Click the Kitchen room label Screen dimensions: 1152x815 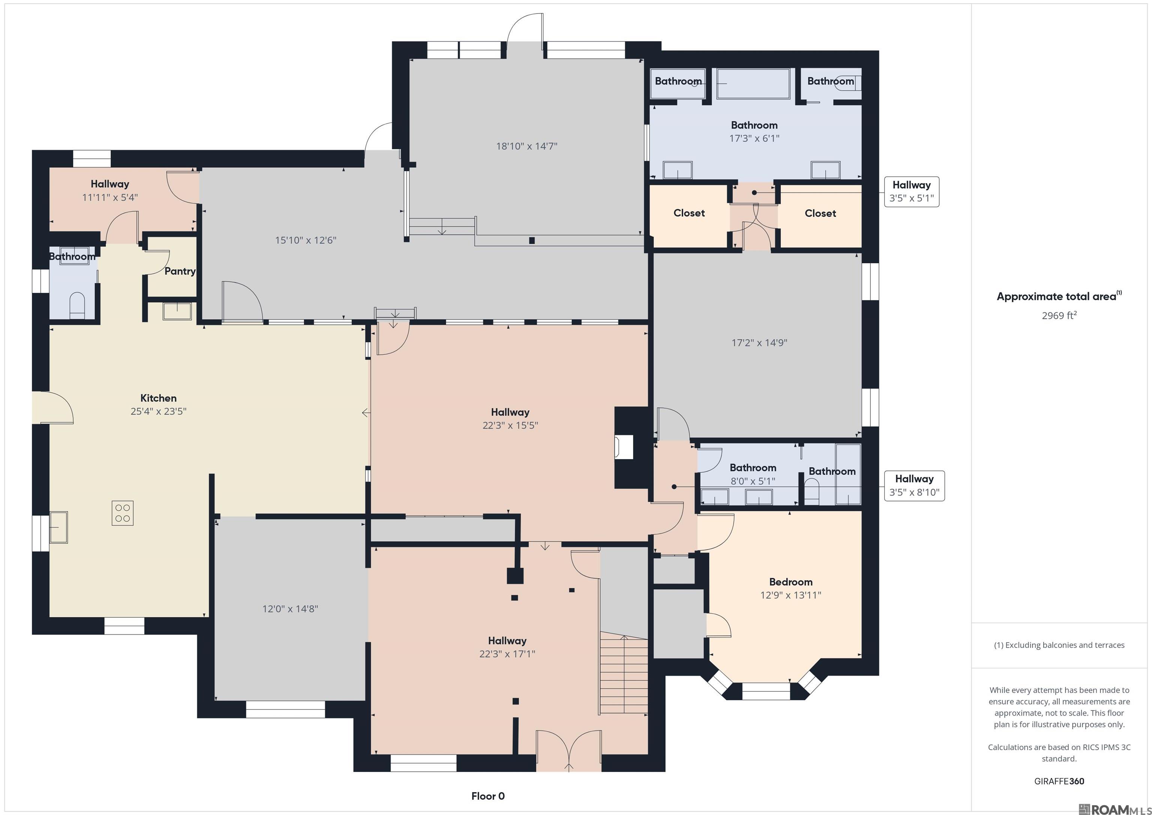(159, 398)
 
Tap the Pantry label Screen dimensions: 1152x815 (180, 271)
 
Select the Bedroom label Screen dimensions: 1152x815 (791, 582)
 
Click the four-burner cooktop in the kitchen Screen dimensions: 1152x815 (122, 513)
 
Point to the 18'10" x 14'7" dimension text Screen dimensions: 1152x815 (527, 146)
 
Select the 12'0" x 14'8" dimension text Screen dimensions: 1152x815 (290, 609)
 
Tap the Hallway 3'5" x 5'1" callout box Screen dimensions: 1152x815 (912, 192)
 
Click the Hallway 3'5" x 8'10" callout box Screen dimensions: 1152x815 (914, 486)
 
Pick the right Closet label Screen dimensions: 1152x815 (820, 213)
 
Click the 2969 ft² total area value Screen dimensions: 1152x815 (1059, 315)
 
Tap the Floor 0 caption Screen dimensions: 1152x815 (488, 796)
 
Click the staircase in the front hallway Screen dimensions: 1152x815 (624, 672)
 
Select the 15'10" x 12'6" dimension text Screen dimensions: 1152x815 (306, 240)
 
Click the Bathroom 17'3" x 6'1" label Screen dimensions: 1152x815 (754, 132)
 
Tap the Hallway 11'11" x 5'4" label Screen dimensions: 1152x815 (110, 190)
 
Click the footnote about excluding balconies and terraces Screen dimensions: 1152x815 (1059, 645)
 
